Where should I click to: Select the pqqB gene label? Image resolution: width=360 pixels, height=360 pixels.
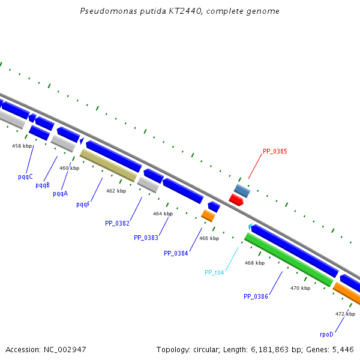point(42,185)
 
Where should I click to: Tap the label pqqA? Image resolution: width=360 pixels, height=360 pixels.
point(60,193)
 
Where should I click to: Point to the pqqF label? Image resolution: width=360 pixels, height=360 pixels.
point(83,204)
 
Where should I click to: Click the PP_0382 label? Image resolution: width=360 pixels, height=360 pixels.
point(117,223)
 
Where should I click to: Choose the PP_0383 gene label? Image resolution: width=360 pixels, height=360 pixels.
point(146,238)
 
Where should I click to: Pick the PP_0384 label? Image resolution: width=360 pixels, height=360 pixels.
point(176,253)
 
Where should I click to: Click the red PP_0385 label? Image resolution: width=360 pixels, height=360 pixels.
point(275,151)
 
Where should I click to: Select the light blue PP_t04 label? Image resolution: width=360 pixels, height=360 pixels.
point(214,272)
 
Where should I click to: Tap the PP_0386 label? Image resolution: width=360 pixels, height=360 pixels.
point(256,296)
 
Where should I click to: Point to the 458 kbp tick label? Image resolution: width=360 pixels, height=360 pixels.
point(22,146)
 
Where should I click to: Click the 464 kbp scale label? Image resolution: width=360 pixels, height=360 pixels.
point(163,214)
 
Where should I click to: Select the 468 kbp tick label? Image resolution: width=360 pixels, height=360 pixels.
point(254,263)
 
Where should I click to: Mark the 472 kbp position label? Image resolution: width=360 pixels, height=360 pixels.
point(345,314)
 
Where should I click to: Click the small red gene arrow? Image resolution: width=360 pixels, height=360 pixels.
point(236,200)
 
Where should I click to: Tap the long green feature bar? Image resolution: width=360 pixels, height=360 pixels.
point(289,259)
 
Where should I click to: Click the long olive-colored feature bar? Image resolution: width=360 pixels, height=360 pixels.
point(108,165)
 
